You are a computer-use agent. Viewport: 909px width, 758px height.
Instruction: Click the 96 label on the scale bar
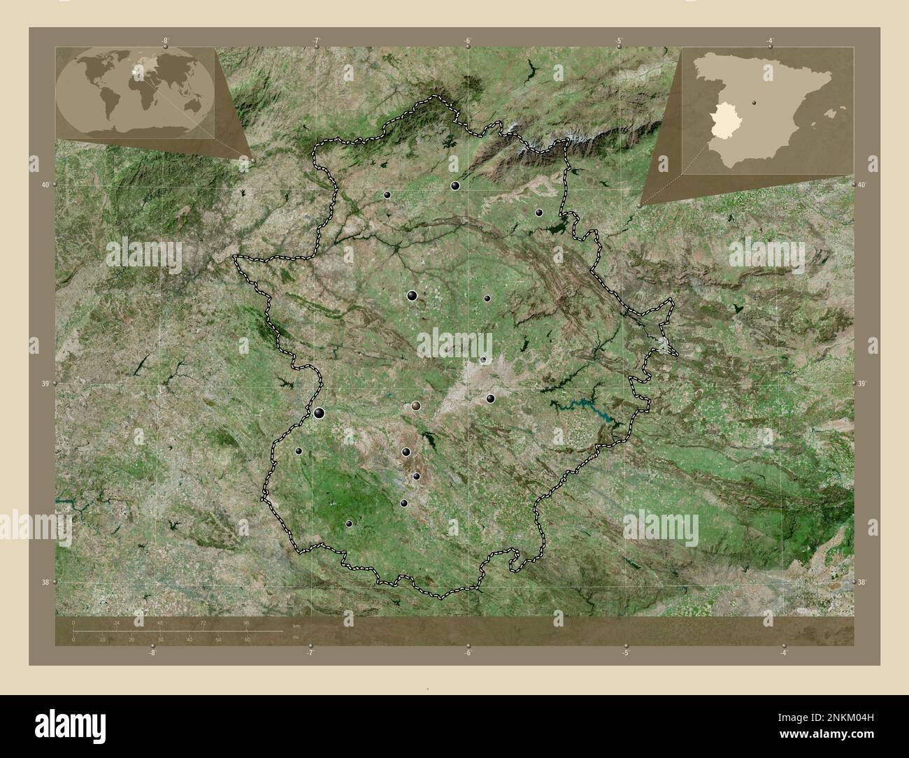(x=246, y=622)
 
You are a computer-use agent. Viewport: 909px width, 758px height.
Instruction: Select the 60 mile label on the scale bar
(x=247, y=640)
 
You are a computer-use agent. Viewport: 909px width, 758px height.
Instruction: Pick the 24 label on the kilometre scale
(x=117, y=622)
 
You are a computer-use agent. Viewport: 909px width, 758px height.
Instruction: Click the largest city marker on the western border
(x=319, y=413)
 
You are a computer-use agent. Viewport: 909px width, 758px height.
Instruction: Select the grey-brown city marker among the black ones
(x=417, y=405)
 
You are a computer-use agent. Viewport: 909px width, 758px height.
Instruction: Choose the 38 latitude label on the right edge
(x=862, y=582)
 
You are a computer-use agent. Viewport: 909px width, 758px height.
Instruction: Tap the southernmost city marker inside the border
(x=349, y=524)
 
